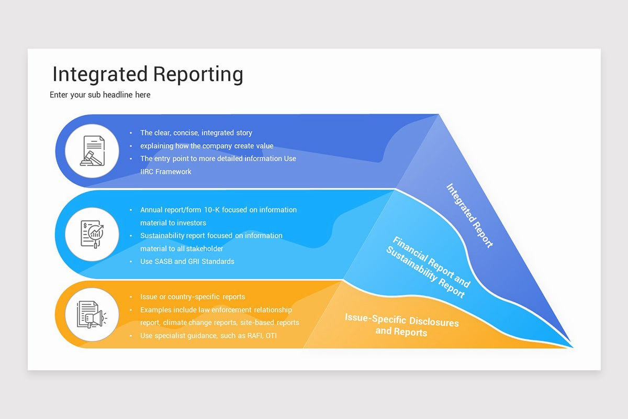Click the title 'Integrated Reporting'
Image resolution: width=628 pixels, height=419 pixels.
tap(148, 74)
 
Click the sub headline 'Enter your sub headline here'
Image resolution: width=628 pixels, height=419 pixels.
tap(100, 95)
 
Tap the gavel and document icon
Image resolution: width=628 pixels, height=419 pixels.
tap(92, 151)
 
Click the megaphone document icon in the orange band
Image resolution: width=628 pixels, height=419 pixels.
tap(92, 315)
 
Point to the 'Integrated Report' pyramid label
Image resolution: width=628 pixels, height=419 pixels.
tap(469, 215)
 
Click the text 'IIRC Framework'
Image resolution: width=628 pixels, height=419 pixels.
tap(166, 171)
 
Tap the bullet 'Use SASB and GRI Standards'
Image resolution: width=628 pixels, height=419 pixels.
tap(187, 261)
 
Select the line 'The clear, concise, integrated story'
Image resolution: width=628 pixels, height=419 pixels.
tap(196, 133)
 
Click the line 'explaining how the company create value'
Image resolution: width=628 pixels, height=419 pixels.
tap(206, 146)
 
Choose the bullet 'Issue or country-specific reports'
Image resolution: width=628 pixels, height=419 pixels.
tap(192, 297)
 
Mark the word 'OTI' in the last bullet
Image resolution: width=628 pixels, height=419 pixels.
tap(271, 336)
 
